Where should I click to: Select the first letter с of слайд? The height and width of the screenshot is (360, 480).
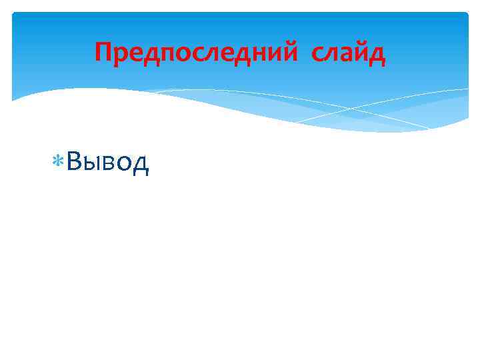(317, 54)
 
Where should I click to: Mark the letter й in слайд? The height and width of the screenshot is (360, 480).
(361, 53)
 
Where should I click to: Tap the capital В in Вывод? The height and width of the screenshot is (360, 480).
(75, 161)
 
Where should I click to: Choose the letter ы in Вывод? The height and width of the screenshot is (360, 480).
(93, 163)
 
